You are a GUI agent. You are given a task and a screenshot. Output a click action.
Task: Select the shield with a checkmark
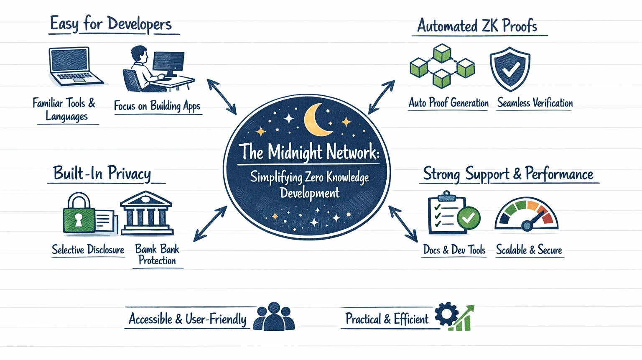point(510,69)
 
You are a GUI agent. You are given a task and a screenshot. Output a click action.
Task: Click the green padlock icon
point(79,213)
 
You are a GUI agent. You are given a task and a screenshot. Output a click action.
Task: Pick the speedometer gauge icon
point(527,214)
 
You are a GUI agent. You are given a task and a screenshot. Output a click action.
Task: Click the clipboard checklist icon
point(446,213)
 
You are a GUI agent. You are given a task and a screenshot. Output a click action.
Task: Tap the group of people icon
point(274,317)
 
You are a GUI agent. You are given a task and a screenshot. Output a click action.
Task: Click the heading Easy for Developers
point(111,24)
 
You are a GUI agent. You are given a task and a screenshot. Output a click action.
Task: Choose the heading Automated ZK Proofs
point(477,26)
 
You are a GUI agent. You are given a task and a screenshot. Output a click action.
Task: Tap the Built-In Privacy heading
point(102,174)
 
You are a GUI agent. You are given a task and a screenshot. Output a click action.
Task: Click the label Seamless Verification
point(535,103)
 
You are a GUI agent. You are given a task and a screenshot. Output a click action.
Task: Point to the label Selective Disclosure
point(88,250)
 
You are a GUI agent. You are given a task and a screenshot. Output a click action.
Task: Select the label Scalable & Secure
point(529,250)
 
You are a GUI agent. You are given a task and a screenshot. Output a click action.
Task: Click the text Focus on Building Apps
point(157,106)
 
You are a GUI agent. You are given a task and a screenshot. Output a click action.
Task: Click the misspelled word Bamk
point(145,249)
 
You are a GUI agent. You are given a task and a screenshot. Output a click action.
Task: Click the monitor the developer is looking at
point(168,63)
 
